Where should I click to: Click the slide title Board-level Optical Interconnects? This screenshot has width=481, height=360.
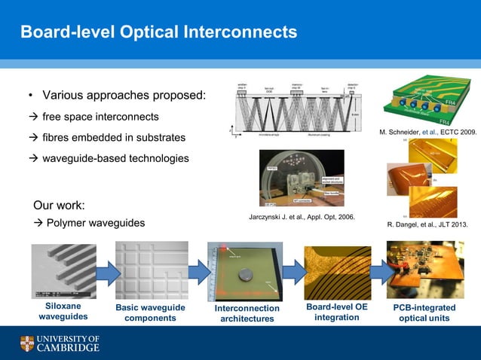(x=158, y=32)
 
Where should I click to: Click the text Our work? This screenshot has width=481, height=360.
(x=60, y=205)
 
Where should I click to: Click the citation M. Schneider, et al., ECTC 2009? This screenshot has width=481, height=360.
(x=427, y=132)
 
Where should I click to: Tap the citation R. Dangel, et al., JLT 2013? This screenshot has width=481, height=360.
(x=427, y=224)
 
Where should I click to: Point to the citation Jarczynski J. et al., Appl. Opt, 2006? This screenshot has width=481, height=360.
(x=302, y=217)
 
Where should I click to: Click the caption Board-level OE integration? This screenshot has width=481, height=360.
(x=337, y=313)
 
